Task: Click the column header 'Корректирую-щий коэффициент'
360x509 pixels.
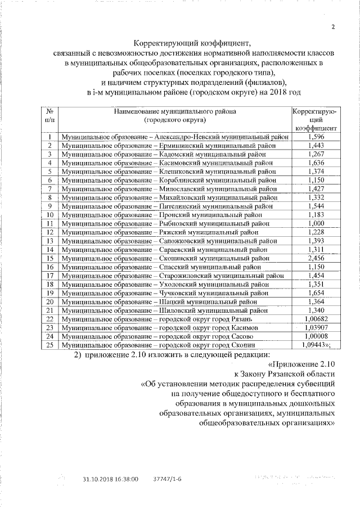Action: pyautogui.click(x=316, y=120)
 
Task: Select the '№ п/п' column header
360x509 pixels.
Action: pyautogui.click(x=49, y=116)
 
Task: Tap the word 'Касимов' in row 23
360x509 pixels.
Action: pyautogui.click(x=242, y=327)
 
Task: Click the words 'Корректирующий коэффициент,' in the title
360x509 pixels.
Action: pyautogui.click(x=190, y=43)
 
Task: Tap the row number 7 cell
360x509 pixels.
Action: pyautogui.click(x=49, y=189)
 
